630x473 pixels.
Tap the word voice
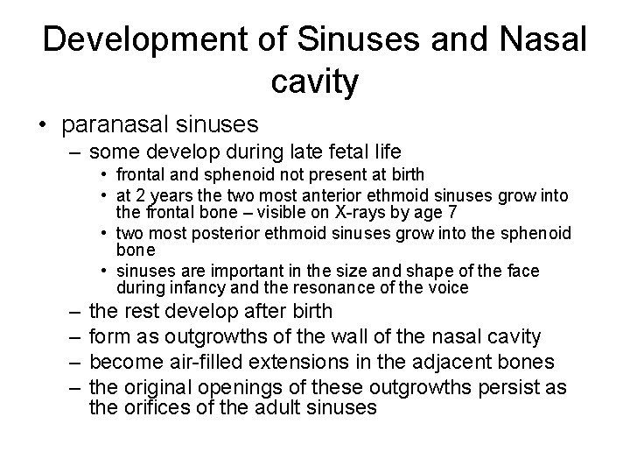[x=449, y=287]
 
